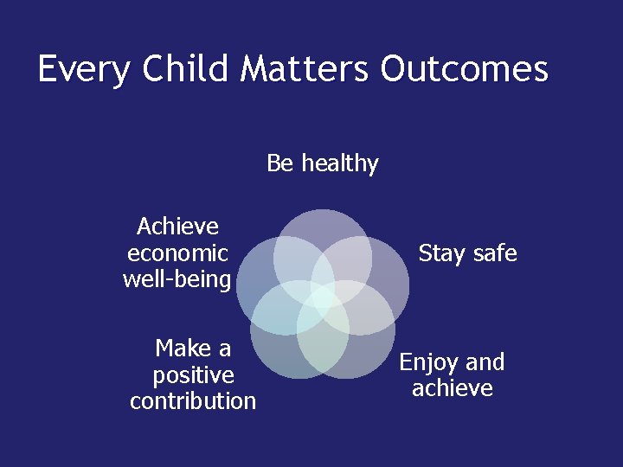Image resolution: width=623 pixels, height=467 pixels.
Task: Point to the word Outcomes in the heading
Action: tap(464, 69)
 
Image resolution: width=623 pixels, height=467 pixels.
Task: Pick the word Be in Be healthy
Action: tap(280, 163)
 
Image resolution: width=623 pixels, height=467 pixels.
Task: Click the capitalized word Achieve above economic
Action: tap(177, 227)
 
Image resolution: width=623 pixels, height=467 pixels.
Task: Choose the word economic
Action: tap(177, 253)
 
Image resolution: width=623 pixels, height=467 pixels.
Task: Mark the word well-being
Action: tap(177, 280)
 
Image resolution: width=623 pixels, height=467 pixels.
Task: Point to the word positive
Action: tap(193, 375)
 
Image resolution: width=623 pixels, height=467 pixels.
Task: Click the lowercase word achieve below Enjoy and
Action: tap(453, 389)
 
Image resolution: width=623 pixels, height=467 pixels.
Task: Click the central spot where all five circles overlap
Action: tap(323, 299)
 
